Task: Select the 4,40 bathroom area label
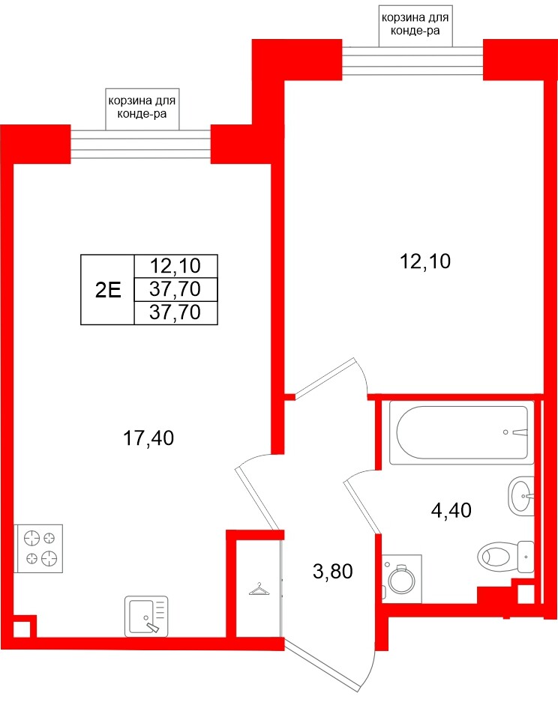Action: [451, 511]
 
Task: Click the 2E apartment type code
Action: [108, 290]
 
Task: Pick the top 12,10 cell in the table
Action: [175, 265]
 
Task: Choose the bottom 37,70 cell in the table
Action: [175, 313]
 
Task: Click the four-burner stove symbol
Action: [40, 547]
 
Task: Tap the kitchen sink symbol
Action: [145, 616]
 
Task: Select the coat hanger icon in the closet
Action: [259, 591]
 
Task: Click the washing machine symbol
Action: [401, 578]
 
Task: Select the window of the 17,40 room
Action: [140, 143]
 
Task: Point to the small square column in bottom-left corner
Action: [22, 627]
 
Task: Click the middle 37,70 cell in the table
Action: [175, 289]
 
